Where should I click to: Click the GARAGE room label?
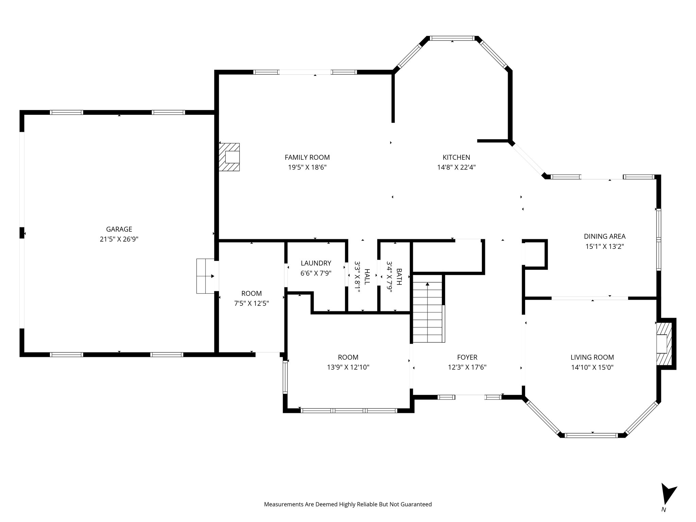119,229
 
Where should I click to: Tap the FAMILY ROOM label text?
307,157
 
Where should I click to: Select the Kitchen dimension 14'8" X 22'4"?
456,167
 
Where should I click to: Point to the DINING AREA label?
605,236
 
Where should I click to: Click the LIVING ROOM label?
592,357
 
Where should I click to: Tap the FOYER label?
467,357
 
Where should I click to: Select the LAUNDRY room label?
316,263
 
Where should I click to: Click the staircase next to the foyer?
428,313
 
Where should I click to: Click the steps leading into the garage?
205,276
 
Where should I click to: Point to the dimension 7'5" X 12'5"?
251,303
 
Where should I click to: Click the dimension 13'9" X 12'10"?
348,367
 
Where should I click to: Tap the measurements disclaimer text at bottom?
348,504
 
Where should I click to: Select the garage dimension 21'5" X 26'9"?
119,239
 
